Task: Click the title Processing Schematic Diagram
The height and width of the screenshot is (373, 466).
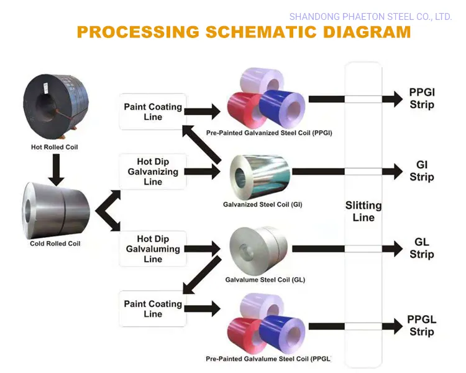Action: coord(244,32)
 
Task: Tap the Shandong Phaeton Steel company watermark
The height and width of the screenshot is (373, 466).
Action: coord(370,17)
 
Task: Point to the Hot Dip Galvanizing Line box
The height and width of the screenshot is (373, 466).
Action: coord(153,172)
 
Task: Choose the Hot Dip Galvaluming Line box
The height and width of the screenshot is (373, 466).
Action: coord(153,249)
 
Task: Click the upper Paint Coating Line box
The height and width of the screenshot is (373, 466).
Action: coord(153,112)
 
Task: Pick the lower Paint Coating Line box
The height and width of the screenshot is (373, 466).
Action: coord(153,309)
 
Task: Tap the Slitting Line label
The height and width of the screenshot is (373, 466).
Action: coord(363,212)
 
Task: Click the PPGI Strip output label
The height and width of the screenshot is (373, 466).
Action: coord(422,99)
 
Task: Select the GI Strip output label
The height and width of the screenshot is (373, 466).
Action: coord(422,171)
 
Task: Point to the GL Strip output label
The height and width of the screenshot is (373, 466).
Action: coord(422,248)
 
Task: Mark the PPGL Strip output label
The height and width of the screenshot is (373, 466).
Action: coord(422,326)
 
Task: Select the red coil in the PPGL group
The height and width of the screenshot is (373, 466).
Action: coord(247,334)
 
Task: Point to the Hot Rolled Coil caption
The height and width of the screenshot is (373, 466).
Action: coord(55,148)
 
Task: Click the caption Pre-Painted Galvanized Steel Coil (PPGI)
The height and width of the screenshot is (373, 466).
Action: coord(269,133)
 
